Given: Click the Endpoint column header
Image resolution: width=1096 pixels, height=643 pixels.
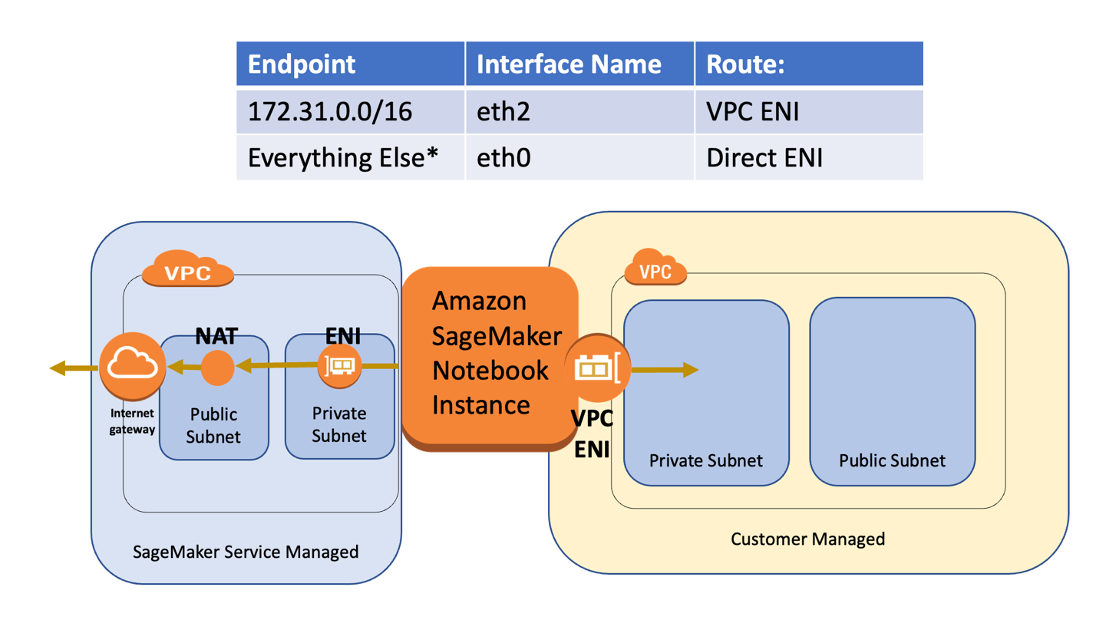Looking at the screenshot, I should [302, 64].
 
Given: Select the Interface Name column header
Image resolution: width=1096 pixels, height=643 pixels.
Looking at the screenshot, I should [569, 64].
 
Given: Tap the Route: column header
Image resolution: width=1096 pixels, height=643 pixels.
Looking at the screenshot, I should [744, 64].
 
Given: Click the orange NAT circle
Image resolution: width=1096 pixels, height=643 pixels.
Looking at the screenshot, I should [217, 368].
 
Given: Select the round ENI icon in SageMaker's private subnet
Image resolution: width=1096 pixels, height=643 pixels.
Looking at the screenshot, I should [339, 366].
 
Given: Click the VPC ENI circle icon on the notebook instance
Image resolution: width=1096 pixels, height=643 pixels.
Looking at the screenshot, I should [597, 369].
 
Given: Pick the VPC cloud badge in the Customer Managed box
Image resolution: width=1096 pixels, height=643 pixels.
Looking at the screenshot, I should [655, 270].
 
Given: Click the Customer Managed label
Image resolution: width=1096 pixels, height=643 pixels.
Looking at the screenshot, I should [807, 539].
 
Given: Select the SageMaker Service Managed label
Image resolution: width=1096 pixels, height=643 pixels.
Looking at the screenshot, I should [246, 552].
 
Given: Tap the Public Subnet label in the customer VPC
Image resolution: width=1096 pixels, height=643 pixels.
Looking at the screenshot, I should [892, 460].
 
